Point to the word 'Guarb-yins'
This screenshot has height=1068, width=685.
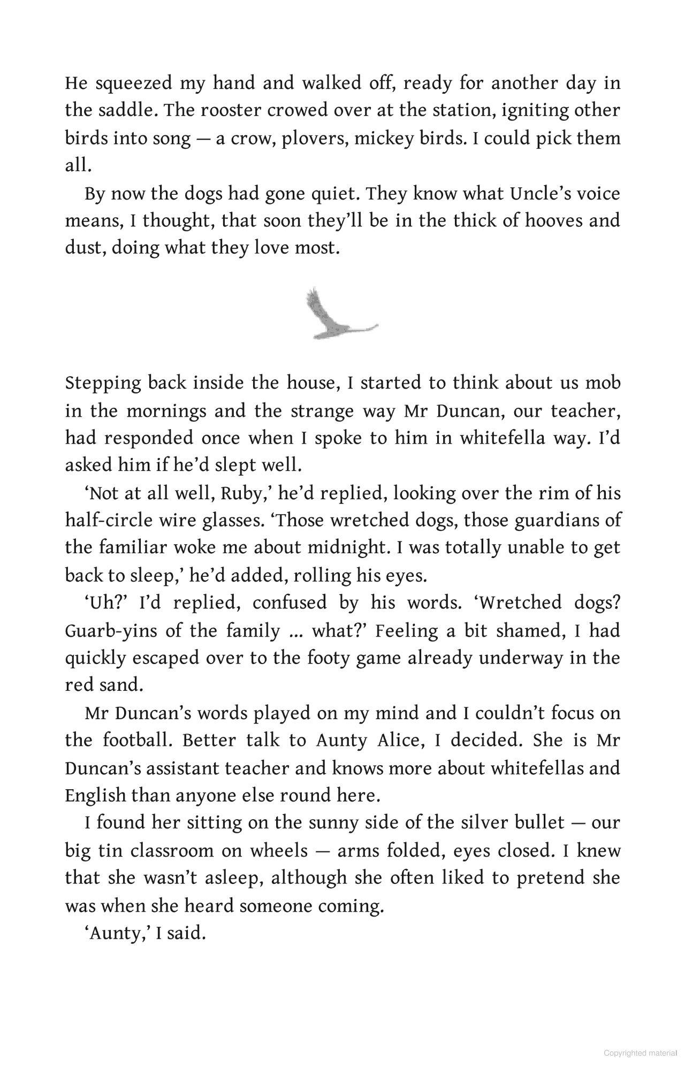tap(111, 631)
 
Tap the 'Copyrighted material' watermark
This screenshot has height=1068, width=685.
tap(640, 1053)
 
